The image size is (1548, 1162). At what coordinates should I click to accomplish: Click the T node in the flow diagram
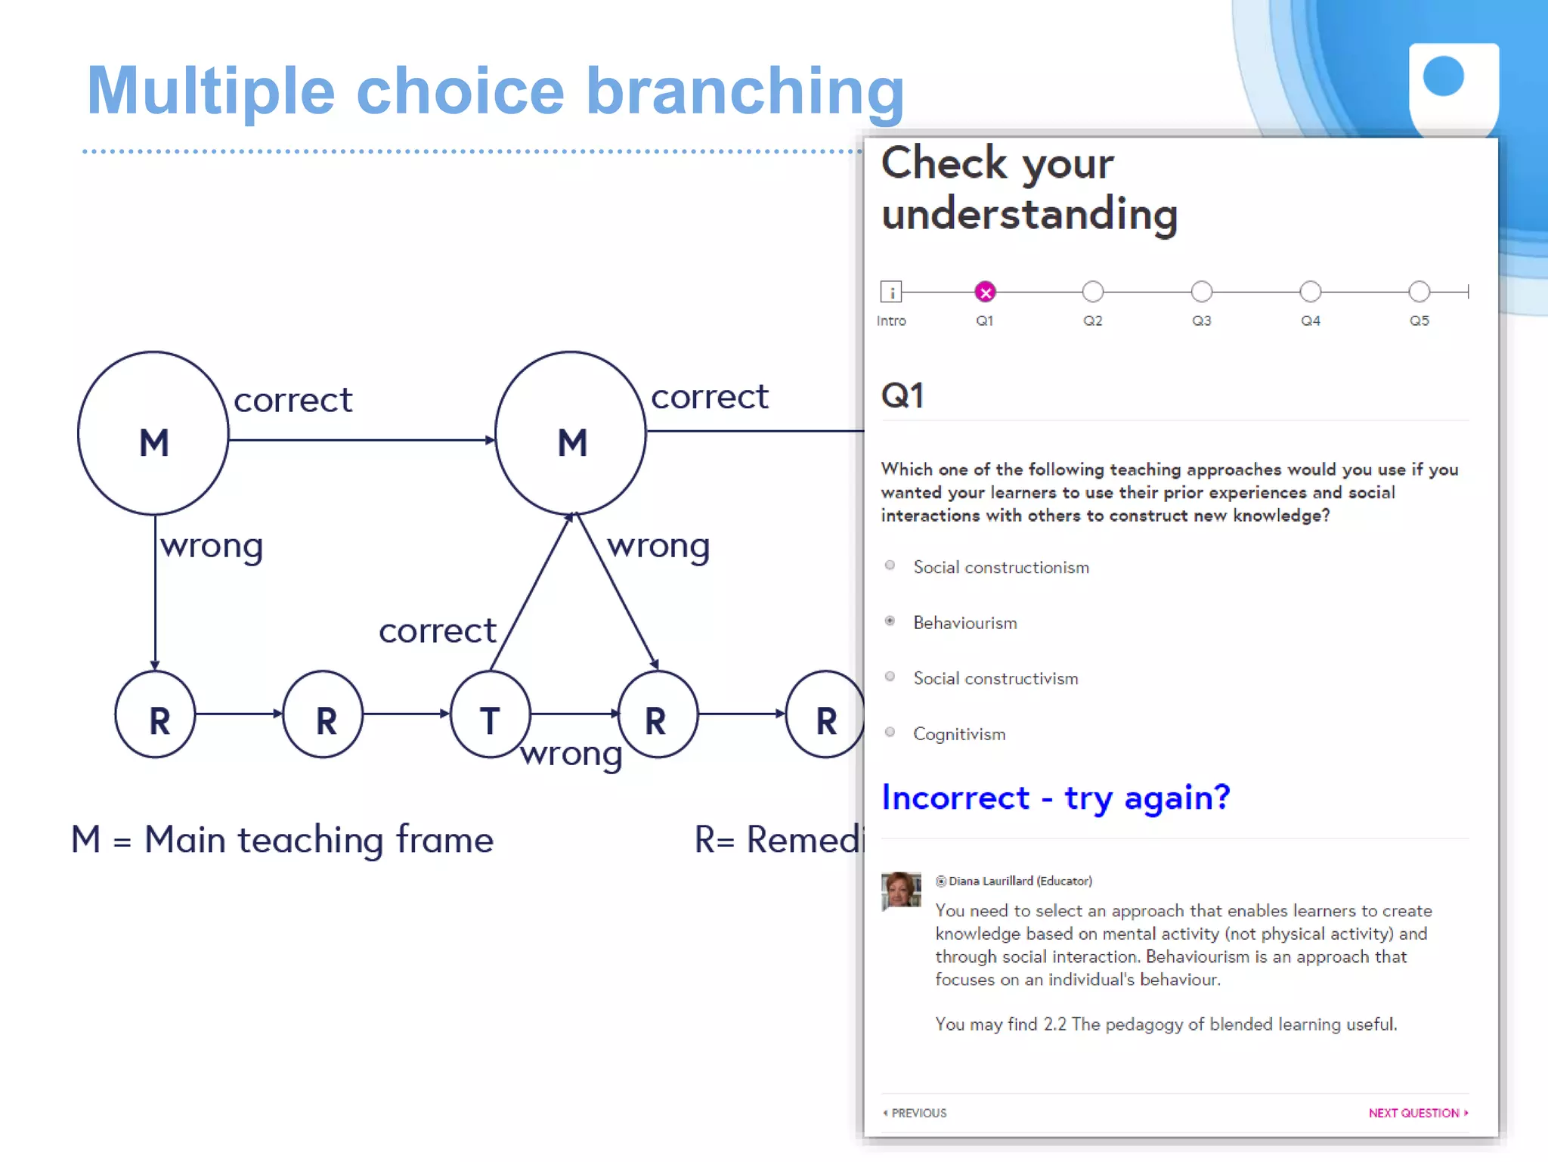490,714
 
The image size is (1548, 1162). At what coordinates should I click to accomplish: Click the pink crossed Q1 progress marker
985,292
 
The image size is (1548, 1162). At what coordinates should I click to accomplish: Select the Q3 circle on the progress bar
1201,292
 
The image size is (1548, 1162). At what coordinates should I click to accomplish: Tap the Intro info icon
891,292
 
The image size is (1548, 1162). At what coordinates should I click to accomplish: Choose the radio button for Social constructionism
890,566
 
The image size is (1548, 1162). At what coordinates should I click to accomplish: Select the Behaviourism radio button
890,621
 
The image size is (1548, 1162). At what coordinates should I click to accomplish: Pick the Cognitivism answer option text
958,734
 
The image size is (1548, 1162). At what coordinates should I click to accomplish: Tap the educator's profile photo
901,891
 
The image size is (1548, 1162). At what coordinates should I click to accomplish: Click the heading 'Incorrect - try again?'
1055,798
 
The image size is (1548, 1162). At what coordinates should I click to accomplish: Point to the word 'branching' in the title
745,92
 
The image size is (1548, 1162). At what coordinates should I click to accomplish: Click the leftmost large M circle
153,433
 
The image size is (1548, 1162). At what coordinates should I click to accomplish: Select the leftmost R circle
156,714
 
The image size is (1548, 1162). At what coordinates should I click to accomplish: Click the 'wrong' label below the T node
571,754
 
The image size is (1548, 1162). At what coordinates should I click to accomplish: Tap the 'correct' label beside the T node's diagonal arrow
437,631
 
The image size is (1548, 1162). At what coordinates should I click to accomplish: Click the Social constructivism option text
995,679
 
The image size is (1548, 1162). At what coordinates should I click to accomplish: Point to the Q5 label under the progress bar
1419,321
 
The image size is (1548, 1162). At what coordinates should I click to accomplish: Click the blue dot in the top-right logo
1443,77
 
